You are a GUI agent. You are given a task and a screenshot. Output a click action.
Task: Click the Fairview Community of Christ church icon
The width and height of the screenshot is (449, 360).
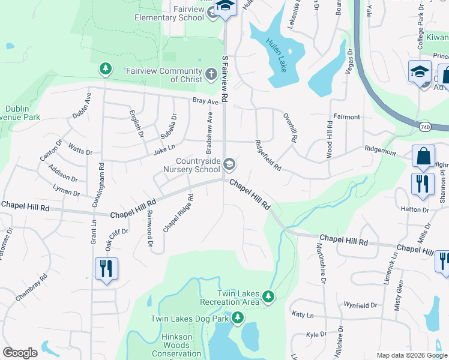pyautogui.click(x=211, y=74)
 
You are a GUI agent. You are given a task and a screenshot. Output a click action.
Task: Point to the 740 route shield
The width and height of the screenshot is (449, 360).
pyautogui.click(x=425, y=127)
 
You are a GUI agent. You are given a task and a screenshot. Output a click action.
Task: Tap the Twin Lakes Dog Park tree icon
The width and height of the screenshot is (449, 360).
pyautogui.click(x=238, y=317)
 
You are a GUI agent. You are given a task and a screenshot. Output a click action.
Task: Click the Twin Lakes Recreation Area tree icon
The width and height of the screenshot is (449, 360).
pyautogui.click(x=269, y=296)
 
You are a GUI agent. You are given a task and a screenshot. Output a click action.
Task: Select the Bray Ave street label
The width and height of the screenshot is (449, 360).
pyautogui.click(x=205, y=101)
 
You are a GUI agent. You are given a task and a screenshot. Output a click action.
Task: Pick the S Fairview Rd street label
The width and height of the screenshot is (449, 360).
pyautogui.click(x=225, y=78)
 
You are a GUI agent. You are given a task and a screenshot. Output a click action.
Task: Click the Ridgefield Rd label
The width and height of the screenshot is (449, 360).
pyautogui.click(x=268, y=155)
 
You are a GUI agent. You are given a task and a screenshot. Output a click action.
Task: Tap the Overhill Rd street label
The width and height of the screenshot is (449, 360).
pyautogui.click(x=290, y=127)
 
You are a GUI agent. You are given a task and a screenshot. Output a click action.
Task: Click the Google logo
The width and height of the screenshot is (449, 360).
pyautogui.click(x=20, y=353)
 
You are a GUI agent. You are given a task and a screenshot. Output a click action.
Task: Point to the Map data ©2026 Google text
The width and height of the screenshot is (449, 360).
pyautogui.click(x=411, y=355)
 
